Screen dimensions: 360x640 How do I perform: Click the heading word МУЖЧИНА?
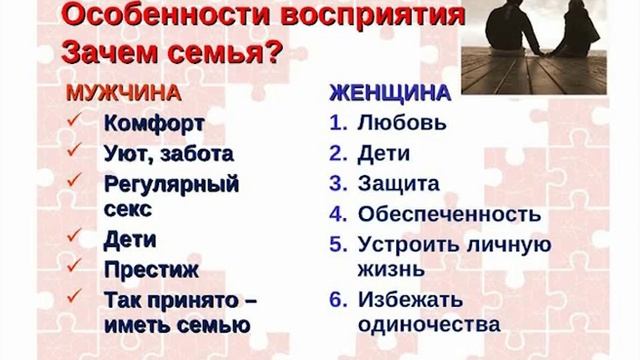coord(122,95)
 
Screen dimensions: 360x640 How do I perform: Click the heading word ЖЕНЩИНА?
coord(390,95)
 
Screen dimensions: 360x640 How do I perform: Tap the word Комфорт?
coord(154,125)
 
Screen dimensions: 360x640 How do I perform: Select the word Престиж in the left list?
coord(151,269)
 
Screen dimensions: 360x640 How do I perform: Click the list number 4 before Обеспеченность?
coord(337,214)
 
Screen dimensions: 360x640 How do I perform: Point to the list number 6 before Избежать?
coord(337,298)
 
